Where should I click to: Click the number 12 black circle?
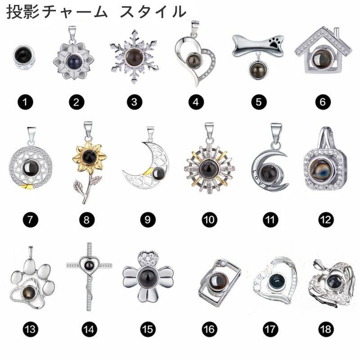tap(325, 220)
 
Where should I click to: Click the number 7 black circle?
tap(31, 220)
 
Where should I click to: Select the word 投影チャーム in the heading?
tap(57, 11)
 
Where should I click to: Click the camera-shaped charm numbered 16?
tap(219, 283)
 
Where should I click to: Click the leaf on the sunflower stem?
tap(79, 185)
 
